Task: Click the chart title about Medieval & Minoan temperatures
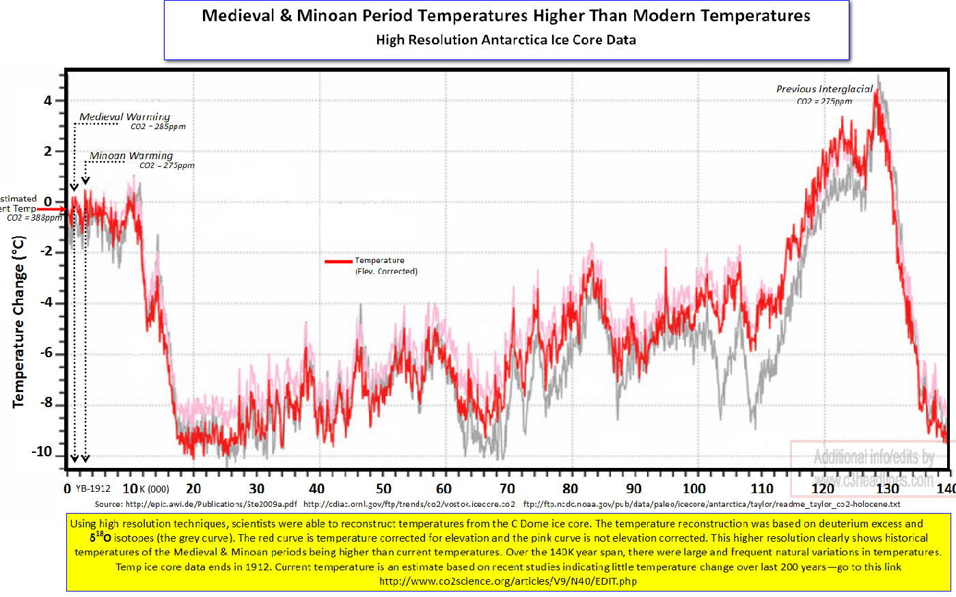pyautogui.click(x=506, y=16)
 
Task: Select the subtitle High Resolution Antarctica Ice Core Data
pyautogui.click(x=506, y=40)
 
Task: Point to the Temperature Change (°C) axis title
pyautogui.click(x=18, y=322)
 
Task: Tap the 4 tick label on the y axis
pyautogui.click(x=47, y=101)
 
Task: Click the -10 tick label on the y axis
pyautogui.click(x=42, y=452)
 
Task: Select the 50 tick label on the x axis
pyautogui.click(x=383, y=489)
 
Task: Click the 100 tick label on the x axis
pyautogui.click(x=694, y=489)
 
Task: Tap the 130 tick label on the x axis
pyautogui.click(x=887, y=489)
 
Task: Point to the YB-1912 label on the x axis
pyautogui.click(x=93, y=489)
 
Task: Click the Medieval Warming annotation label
pyautogui.click(x=124, y=117)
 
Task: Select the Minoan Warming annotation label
pyautogui.click(x=131, y=156)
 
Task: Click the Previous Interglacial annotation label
pyautogui.click(x=824, y=89)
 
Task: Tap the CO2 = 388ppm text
pyautogui.click(x=34, y=218)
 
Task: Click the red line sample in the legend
pyautogui.click(x=338, y=261)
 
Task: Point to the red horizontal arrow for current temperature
pyautogui.click(x=52, y=209)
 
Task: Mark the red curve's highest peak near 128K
pyautogui.click(x=875, y=92)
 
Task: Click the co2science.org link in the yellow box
pyautogui.click(x=508, y=582)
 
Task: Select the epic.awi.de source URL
pyautogui.click(x=211, y=504)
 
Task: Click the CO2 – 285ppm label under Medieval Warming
pyautogui.click(x=158, y=127)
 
